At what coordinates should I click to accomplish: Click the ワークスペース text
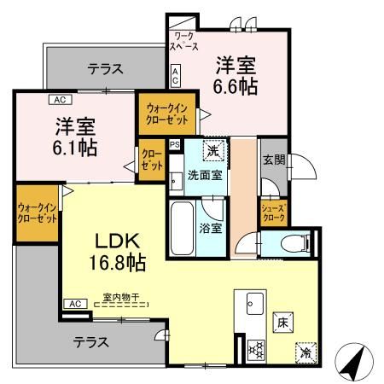click(x=185, y=42)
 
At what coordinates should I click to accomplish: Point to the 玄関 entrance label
click(x=273, y=160)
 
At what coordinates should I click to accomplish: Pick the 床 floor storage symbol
click(x=281, y=322)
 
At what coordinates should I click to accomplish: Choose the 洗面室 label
click(x=206, y=176)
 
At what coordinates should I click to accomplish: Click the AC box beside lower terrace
click(x=73, y=303)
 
